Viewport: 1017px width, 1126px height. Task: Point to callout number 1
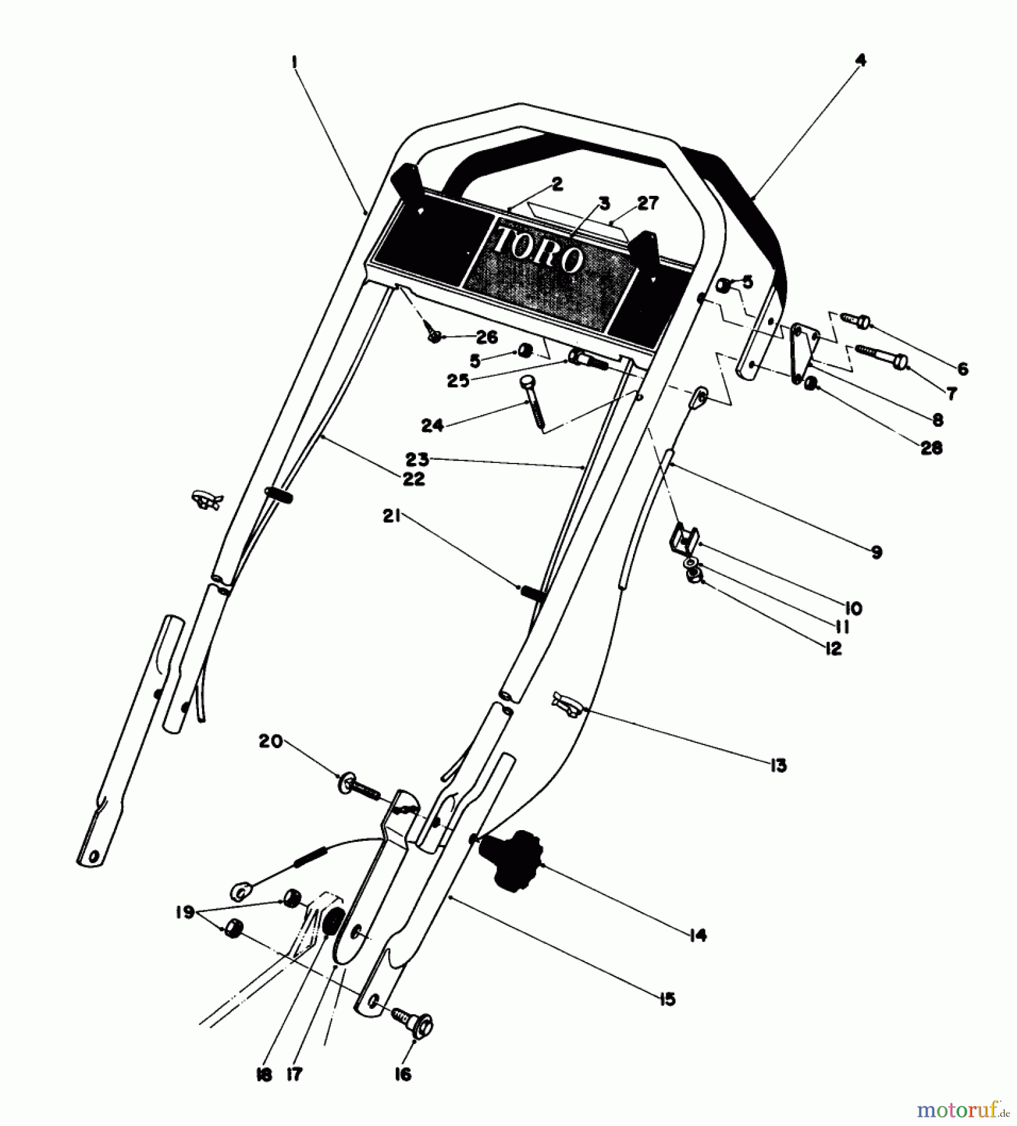point(293,62)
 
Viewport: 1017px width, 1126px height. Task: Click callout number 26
point(486,338)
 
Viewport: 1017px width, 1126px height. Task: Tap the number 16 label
point(403,1074)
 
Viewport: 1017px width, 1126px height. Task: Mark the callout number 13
point(778,765)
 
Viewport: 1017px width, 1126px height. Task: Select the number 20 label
point(270,741)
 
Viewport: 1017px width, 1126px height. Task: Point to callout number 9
point(876,552)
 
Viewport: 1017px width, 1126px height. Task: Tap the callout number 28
point(931,448)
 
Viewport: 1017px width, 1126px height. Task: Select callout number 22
point(413,479)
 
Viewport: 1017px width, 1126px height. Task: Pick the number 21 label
point(392,517)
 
